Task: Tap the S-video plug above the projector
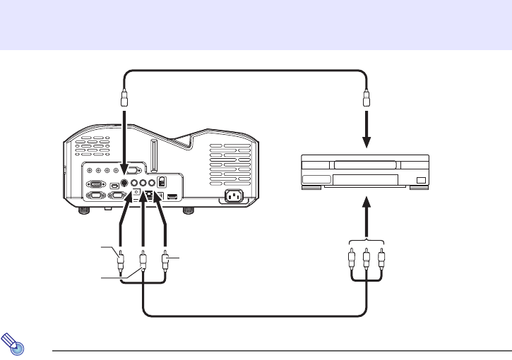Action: point(125,97)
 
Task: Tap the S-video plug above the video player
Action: point(367,97)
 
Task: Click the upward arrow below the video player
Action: point(367,212)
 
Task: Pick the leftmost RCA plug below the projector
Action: point(121,260)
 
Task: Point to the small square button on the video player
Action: point(421,181)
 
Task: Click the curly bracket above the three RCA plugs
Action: point(367,238)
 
